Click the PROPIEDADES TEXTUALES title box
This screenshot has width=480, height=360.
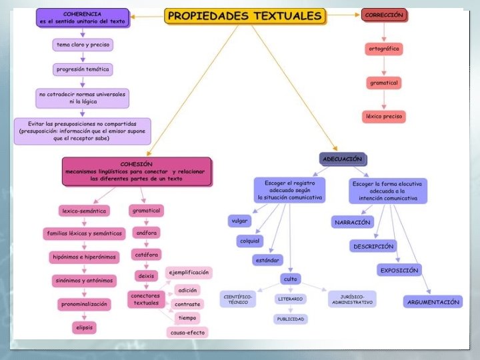click(x=245, y=15)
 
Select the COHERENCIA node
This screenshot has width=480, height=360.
click(x=82, y=18)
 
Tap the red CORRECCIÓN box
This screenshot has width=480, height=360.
click(x=383, y=15)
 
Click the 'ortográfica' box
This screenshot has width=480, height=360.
click(x=384, y=49)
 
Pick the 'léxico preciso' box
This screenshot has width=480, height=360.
click(x=384, y=116)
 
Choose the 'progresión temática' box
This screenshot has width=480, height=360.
click(x=82, y=69)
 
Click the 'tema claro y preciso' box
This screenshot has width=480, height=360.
click(x=83, y=45)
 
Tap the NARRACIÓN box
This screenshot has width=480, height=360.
click(x=352, y=222)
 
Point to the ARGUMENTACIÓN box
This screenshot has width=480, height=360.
click(x=433, y=301)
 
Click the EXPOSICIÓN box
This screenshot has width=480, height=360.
click(x=399, y=270)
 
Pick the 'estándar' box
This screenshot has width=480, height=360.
click(x=267, y=260)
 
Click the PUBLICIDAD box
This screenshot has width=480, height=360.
click(x=291, y=319)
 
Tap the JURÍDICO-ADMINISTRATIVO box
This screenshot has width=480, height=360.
click(x=351, y=299)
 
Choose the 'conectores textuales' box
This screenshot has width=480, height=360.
click(x=147, y=299)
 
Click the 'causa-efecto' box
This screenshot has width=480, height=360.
click(x=187, y=331)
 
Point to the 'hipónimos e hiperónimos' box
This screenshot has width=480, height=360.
click(x=83, y=257)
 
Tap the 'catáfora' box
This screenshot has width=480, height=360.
click(x=147, y=254)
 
